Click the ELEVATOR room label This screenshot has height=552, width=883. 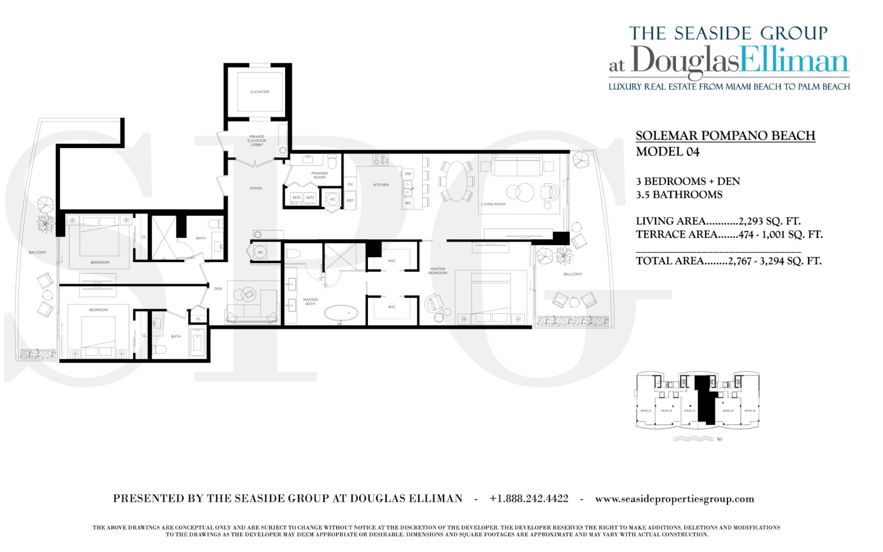coord(259,92)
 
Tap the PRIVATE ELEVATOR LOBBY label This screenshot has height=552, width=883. coord(257,141)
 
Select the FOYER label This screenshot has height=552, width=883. coord(255,189)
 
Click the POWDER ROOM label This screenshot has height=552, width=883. coord(319,175)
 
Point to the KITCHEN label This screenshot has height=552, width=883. coord(381,185)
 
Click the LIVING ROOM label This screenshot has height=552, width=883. coord(493,204)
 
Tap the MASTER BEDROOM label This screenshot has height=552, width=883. coord(438,271)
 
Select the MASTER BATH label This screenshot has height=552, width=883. coord(310,302)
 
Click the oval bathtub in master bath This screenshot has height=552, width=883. coord(341,312)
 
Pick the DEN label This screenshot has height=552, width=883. coord(218,289)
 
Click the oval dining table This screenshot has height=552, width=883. coord(458,181)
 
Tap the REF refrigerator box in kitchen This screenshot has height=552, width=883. coord(350,200)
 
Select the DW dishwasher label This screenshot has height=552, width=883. coord(408,174)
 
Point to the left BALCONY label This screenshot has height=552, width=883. coord(37,252)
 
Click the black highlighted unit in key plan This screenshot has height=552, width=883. coord(706,399)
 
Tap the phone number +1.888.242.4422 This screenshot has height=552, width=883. coord(528,499)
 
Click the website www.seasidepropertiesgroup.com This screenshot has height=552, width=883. coord(675,499)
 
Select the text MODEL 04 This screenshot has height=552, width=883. coord(667,152)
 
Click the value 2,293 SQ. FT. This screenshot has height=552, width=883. coord(769,221)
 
